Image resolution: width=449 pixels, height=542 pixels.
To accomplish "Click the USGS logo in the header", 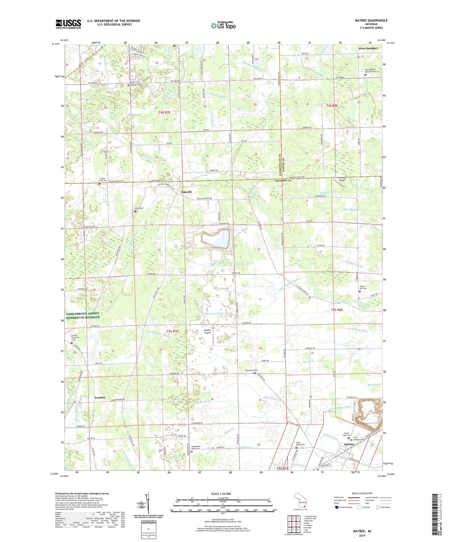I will [68, 24].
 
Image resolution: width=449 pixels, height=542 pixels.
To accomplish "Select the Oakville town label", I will [189, 192].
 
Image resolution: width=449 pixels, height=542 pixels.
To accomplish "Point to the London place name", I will [100, 397].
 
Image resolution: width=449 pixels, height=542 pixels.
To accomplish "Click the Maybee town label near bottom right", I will [350, 444].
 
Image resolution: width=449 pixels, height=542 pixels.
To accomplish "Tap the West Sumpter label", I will [368, 48].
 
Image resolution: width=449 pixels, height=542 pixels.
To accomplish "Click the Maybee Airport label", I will [207, 332].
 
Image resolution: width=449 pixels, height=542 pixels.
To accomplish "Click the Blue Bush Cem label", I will [251, 370].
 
